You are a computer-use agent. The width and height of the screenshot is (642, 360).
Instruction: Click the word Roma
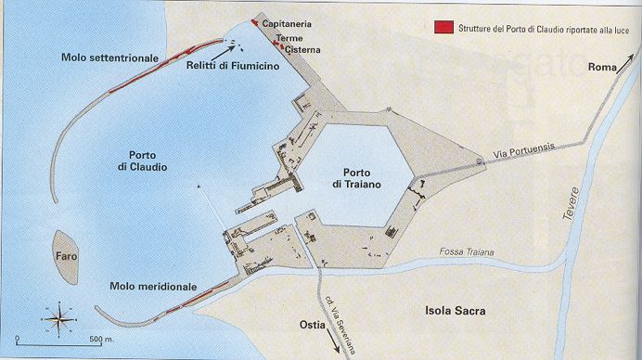coord(604,67)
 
